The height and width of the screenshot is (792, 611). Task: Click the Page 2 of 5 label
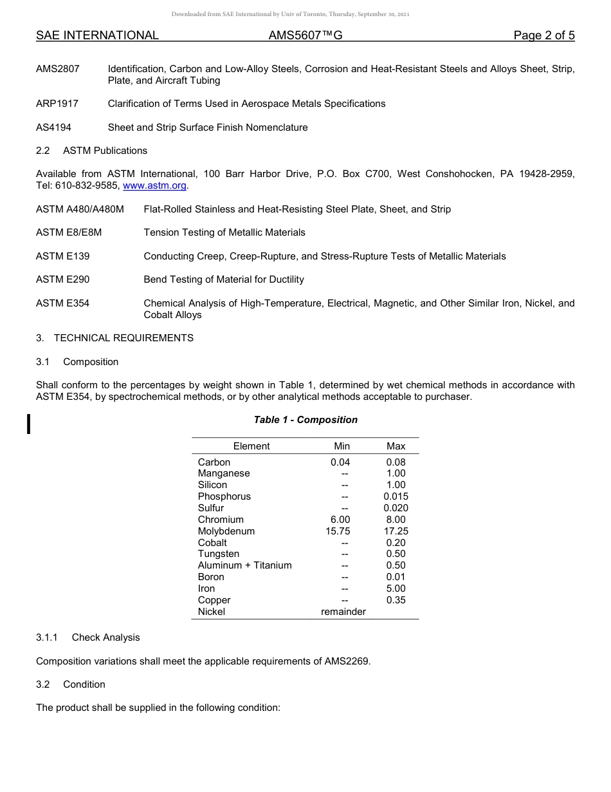tap(543, 35)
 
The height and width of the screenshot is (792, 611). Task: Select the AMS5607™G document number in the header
tap(305, 35)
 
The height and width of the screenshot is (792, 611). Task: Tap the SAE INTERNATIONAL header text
tap(97, 35)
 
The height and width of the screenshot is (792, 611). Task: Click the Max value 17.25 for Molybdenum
tap(396, 531)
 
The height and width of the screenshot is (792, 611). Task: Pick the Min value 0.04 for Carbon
tap(340, 462)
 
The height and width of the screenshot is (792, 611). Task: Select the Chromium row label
tap(221, 520)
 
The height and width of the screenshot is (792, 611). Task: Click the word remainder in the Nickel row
tap(343, 612)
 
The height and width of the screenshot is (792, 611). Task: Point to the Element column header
tap(251, 446)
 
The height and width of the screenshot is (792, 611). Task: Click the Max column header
tap(396, 446)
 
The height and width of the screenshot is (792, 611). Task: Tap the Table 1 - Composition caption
tap(305, 420)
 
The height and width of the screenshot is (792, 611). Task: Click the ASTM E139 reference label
tap(63, 256)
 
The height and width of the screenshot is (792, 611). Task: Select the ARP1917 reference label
tap(57, 104)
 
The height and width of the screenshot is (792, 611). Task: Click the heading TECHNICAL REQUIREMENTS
tap(123, 338)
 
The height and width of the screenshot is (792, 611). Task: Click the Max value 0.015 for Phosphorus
tap(396, 496)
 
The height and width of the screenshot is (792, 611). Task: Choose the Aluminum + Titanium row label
tap(244, 565)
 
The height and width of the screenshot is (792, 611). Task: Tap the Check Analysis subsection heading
tap(105, 637)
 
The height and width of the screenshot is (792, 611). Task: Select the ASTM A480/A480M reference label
tap(80, 209)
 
